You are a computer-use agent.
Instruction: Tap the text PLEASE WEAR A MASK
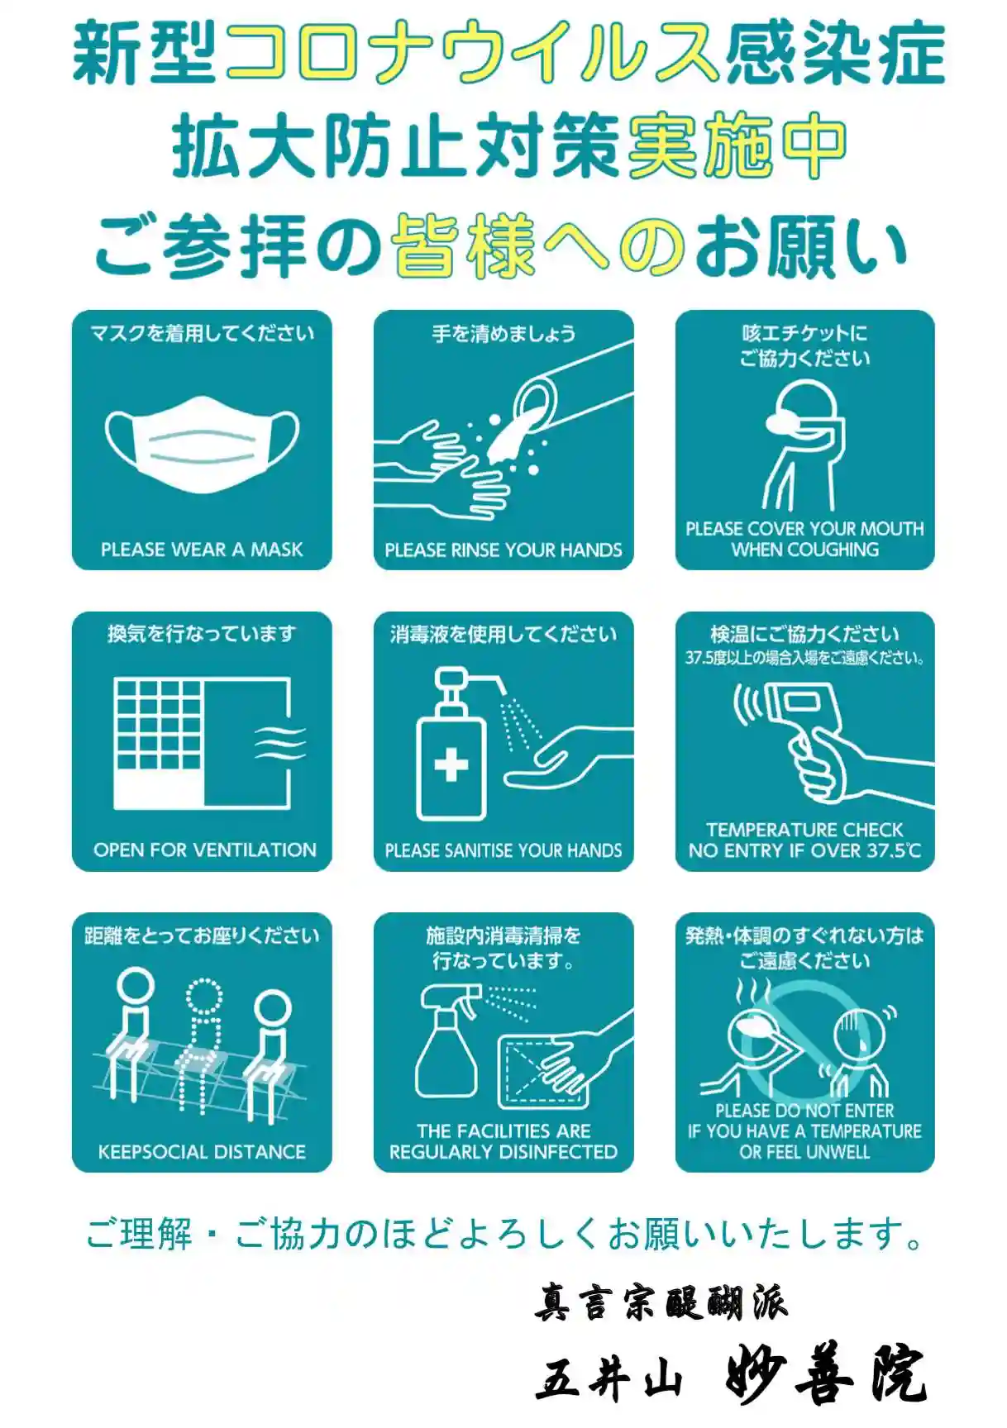coord(202,550)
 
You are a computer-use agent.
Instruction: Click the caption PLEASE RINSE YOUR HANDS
coord(503,550)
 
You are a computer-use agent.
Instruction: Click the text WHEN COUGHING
coord(805,550)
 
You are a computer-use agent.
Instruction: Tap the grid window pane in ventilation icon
coord(158,724)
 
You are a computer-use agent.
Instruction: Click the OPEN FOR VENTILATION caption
coord(204,850)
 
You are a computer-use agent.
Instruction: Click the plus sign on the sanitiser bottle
coord(451,764)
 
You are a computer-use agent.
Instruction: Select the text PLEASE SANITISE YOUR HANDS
coord(503,850)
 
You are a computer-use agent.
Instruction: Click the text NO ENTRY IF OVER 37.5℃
coord(804,850)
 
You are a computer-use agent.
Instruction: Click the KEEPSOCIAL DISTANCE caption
coord(202,1152)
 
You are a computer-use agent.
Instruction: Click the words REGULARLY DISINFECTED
coord(503,1152)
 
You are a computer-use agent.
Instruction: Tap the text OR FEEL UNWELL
coord(804,1152)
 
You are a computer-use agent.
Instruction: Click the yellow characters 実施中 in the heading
coord(737,146)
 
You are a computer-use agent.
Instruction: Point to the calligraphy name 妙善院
coord(824,1374)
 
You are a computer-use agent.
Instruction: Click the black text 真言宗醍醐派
coord(661,1302)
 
